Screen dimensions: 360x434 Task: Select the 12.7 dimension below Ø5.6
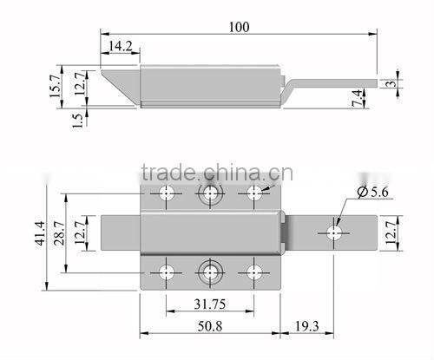[x=393, y=231]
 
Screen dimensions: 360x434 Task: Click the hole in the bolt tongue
[x=334, y=232]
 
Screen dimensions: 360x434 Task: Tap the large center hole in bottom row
[x=210, y=271]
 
